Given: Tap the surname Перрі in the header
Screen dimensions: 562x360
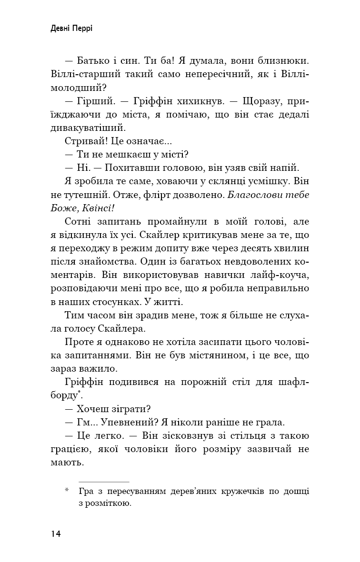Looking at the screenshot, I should tap(83, 29).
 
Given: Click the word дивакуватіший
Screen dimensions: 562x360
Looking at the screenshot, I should tap(87, 128).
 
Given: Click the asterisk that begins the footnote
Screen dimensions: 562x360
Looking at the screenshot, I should tap(67, 490).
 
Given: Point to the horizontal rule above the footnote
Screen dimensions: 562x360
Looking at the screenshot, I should tap(103, 482).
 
